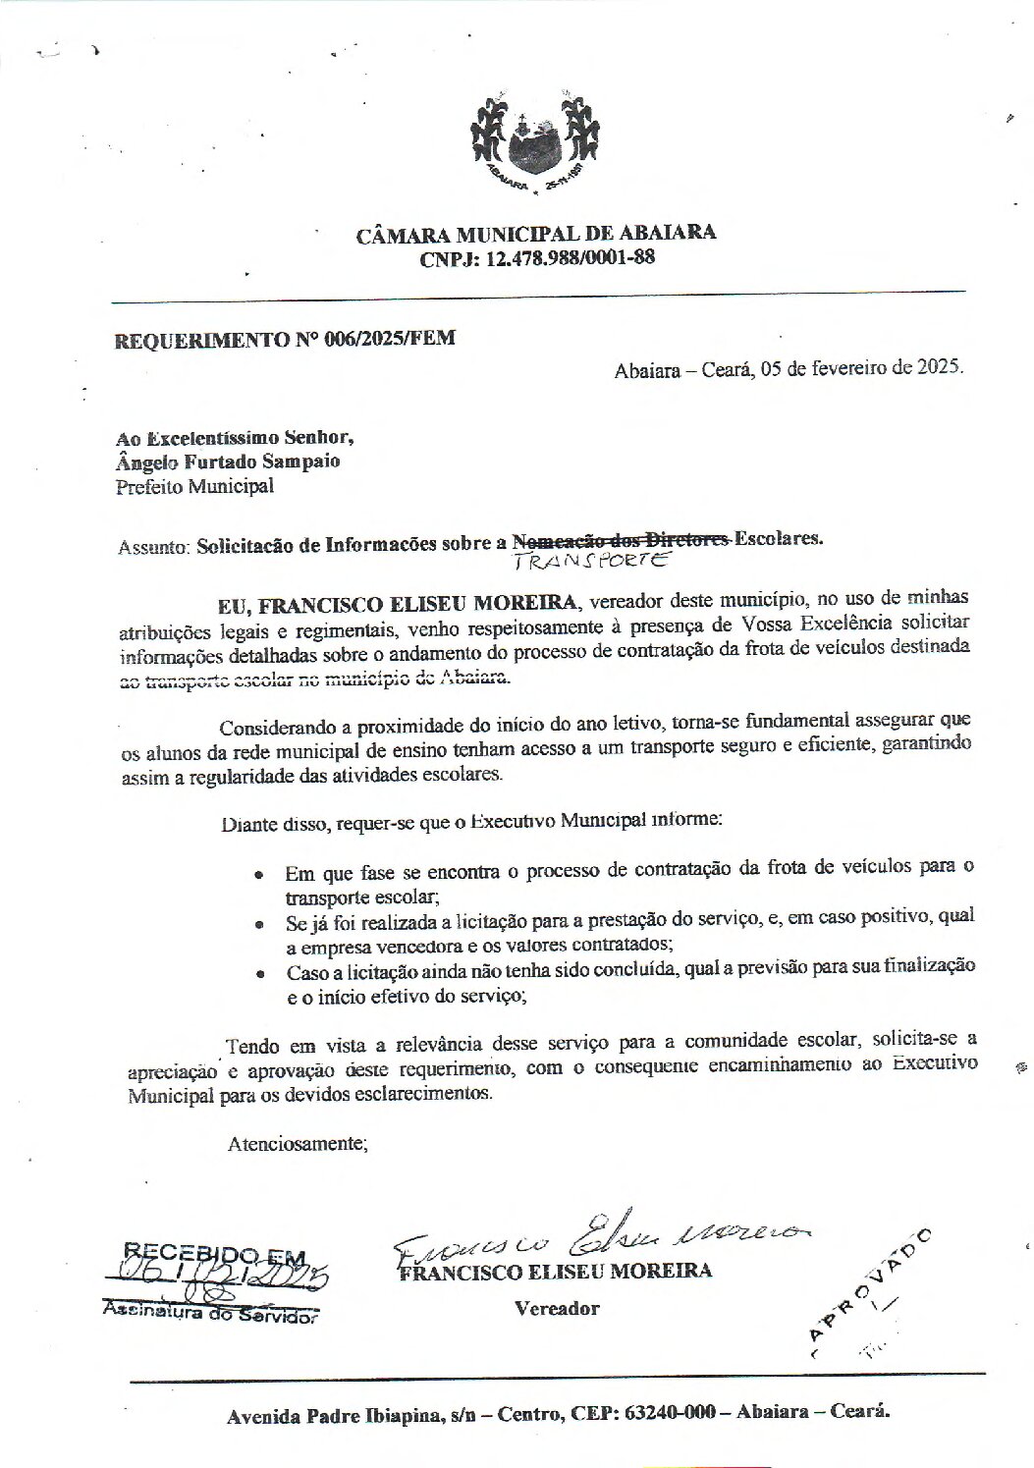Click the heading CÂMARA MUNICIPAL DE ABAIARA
[x=535, y=234]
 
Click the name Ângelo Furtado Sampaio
[x=229, y=461]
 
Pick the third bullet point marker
[x=259, y=975]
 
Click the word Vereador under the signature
[x=556, y=1308]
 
